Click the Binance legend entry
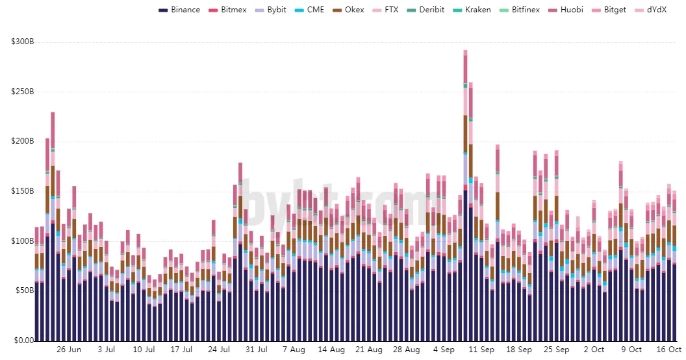tap(179, 10)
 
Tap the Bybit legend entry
tap(271, 10)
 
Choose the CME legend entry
tap(309, 10)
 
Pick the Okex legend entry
tap(348, 10)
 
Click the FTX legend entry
tap(385, 10)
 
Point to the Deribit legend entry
tap(426, 10)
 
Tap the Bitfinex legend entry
tap(520, 10)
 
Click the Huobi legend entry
tap(566, 10)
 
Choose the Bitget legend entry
tap(609, 10)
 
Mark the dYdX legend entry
tap(650, 10)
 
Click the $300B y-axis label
tap(23, 42)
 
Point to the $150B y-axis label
tap(23, 191)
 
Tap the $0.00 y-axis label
tap(23, 341)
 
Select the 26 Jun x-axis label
tap(69, 350)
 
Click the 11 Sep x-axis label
tap(481, 350)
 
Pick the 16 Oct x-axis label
tap(669, 350)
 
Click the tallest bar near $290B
tap(466, 196)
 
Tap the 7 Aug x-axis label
tap(294, 350)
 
